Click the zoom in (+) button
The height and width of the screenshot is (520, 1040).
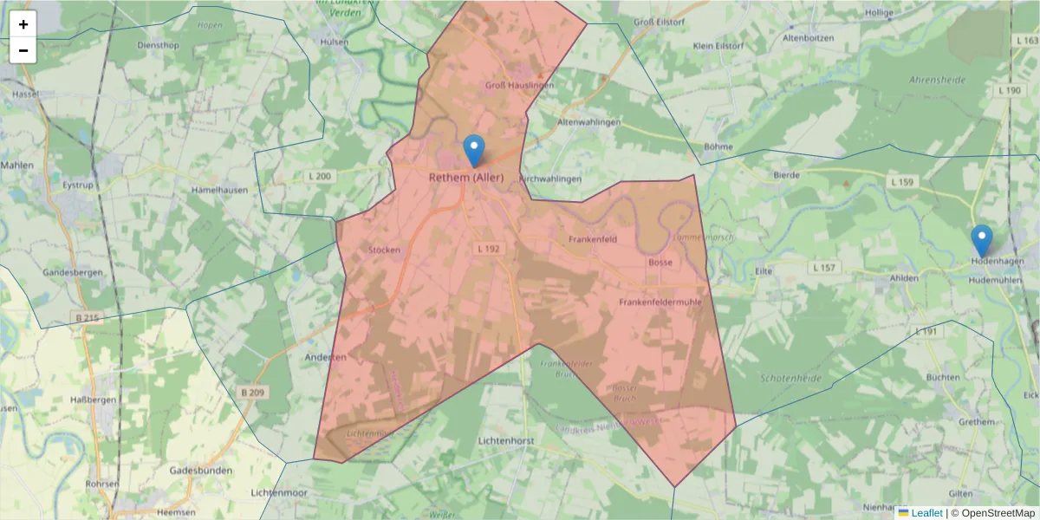pyautogui.click(x=23, y=24)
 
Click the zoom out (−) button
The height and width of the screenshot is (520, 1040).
pyautogui.click(x=23, y=51)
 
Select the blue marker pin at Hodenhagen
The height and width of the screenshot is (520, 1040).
pyautogui.click(x=981, y=240)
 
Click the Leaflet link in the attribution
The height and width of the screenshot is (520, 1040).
pyautogui.click(x=926, y=513)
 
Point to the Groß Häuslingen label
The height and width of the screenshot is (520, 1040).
pyautogui.click(x=519, y=86)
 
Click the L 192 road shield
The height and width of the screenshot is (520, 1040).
pyautogui.click(x=489, y=249)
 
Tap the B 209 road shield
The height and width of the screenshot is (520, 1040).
pyautogui.click(x=252, y=393)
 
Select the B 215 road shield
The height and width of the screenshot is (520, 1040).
pyautogui.click(x=87, y=318)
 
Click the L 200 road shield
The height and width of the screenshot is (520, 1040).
pyautogui.click(x=320, y=177)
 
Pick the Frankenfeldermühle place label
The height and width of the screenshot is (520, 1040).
pyautogui.click(x=660, y=302)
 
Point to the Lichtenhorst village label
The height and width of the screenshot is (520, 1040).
pyautogui.click(x=508, y=441)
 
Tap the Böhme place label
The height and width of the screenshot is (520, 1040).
pyautogui.click(x=718, y=146)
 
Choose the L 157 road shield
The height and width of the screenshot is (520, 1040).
pyautogui.click(x=824, y=268)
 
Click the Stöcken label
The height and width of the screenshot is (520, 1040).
pyautogui.click(x=384, y=250)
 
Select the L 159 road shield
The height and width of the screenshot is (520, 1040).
pyautogui.click(x=902, y=182)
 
